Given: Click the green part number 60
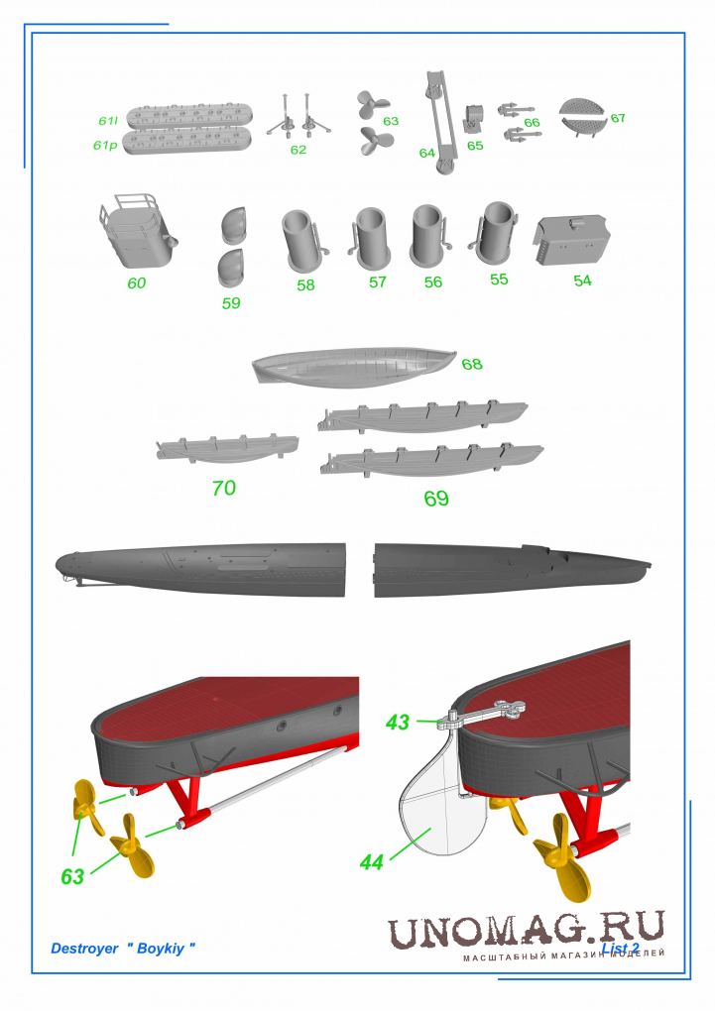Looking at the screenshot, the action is [136, 283].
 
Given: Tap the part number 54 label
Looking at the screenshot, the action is [582, 281].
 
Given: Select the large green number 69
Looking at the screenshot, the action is [436, 499].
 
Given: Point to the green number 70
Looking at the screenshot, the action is [224, 488].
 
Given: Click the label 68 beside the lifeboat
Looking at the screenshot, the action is [472, 365].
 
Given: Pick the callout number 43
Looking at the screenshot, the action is [398, 723].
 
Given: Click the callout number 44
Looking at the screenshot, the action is [372, 862].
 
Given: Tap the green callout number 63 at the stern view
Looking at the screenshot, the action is [72, 877].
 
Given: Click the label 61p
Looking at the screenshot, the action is [105, 146].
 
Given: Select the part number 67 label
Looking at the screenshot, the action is [618, 118].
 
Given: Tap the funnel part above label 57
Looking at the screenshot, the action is [371, 238].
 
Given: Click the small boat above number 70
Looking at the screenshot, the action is [227, 448].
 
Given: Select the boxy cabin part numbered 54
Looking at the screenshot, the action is [571, 241].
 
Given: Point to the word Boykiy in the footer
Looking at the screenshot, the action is [160, 949].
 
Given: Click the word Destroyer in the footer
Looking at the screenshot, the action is [84, 949].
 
